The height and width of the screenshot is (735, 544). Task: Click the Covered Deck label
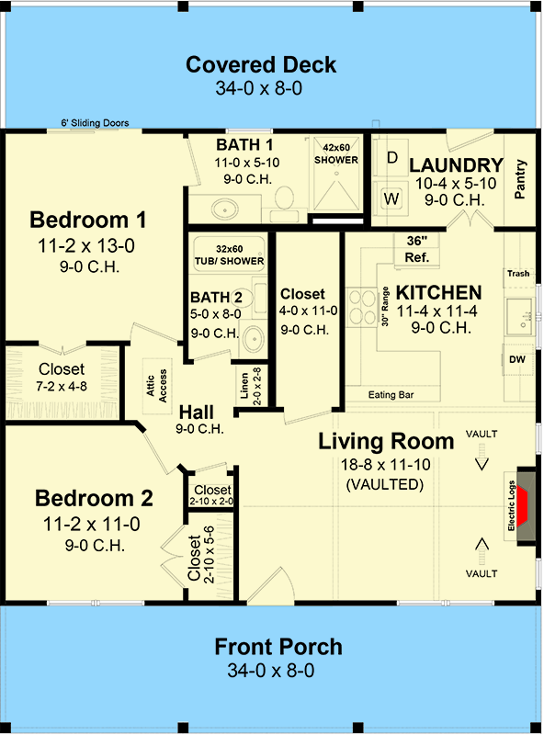point(261,65)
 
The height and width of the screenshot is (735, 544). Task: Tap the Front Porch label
point(278,646)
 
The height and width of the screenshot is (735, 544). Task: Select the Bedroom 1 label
point(88,220)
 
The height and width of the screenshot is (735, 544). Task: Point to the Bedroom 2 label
point(94,499)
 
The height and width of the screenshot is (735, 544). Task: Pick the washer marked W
point(391,198)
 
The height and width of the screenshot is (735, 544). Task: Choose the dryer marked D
point(391,158)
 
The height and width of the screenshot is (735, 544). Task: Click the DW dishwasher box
point(517,359)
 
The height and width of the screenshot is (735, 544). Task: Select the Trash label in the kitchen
point(518,275)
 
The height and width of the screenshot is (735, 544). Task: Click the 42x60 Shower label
point(341,153)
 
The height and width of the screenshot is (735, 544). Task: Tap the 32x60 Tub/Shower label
point(229,254)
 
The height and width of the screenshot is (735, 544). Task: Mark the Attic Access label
point(157,385)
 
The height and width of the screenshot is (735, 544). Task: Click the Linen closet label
point(244,391)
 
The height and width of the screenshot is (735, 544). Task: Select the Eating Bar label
point(391,395)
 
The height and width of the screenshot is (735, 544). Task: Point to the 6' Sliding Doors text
point(95,122)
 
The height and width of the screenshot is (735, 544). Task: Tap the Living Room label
point(386,441)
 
